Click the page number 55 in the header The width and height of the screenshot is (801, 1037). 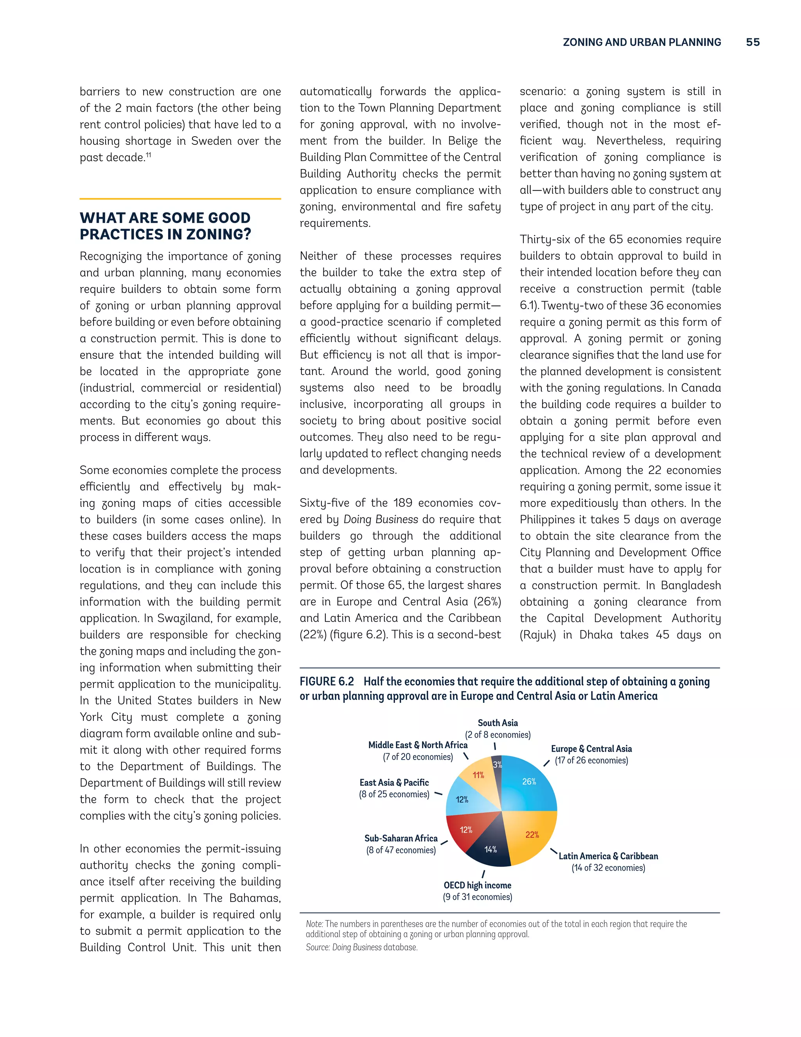click(x=753, y=42)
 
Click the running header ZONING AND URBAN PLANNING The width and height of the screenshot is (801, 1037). click(x=641, y=42)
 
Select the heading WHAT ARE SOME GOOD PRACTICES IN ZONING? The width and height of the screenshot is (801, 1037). click(x=165, y=226)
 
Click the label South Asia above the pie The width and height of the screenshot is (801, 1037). click(x=498, y=723)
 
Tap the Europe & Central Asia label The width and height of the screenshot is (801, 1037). click(x=591, y=749)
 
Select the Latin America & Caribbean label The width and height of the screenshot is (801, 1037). click(x=608, y=856)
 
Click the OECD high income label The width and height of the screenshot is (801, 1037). click(x=478, y=886)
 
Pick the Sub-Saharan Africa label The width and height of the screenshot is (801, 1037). click(x=401, y=839)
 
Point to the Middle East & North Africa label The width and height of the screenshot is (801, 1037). click(x=418, y=745)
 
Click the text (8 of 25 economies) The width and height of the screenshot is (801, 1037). click(x=394, y=794)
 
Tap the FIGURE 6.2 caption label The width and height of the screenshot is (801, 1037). click(x=327, y=682)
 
